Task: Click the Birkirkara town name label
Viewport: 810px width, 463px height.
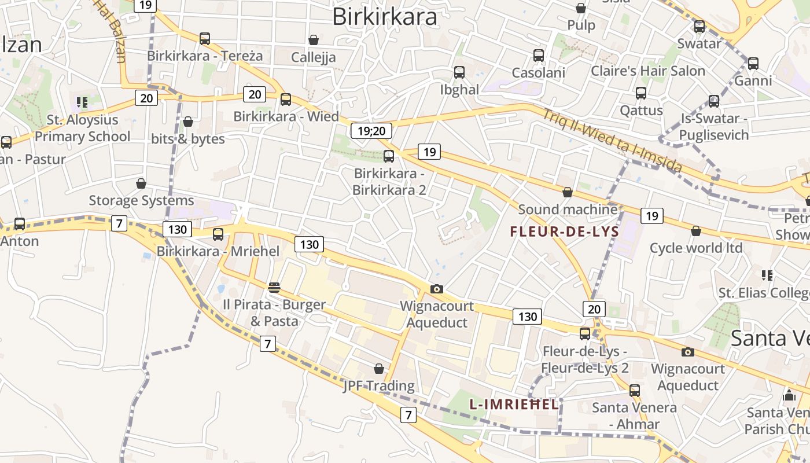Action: tap(385, 17)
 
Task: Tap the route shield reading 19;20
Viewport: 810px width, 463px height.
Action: tap(371, 131)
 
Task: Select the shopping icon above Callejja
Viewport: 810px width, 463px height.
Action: tap(313, 40)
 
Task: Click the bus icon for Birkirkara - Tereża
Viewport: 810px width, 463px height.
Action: tap(205, 39)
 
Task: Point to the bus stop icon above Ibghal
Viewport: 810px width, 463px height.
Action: tap(459, 72)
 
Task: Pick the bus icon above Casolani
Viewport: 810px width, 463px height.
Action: tap(539, 56)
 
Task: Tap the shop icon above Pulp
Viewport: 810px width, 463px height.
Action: tap(581, 8)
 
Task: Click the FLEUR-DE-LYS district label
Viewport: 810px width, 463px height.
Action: tap(565, 232)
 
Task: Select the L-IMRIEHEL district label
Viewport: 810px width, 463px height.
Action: tap(514, 405)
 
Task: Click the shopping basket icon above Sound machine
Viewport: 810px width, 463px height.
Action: tap(568, 192)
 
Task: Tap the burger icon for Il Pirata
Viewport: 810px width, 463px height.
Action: tap(274, 287)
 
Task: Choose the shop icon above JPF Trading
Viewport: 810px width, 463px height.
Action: tap(379, 369)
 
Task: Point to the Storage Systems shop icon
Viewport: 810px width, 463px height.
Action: tap(141, 183)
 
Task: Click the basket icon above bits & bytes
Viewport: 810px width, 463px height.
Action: tap(187, 122)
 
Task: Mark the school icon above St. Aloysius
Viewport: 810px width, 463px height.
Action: tap(82, 102)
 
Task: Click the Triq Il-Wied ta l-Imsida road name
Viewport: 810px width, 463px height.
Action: tap(612, 140)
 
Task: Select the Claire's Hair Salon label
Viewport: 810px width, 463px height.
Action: tap(647, 71)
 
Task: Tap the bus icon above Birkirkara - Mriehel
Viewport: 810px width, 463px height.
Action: tap(218, 234)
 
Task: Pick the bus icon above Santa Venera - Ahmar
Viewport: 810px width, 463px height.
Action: tap(635, 391)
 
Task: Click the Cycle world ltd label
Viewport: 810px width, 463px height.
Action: tap(696, 248)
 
